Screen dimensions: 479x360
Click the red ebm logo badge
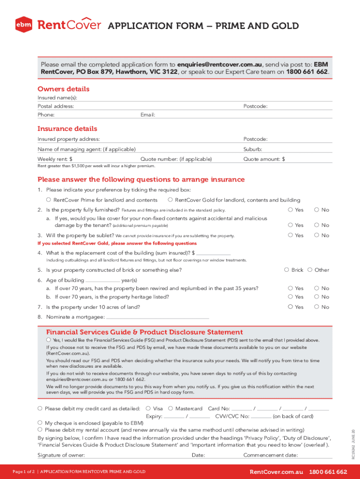[23, 25]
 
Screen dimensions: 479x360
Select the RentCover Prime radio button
[49, 200]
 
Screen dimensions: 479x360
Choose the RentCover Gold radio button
[170, 200]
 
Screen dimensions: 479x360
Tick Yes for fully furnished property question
[290, 210]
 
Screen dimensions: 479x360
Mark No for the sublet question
[317, 235]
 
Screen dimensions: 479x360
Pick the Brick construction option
[287, 270]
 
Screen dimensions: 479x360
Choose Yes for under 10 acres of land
[290, 307]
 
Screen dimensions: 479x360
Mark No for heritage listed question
[317, 297]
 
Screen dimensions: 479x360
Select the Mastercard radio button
[171, 408]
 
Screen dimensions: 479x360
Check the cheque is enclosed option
[40, 422]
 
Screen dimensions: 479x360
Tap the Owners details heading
[63, 89]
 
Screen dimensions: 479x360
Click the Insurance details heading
[67, 129]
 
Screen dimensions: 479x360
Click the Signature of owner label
[61, 455]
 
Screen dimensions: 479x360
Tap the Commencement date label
[270, 455]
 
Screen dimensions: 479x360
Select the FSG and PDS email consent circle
[49, 340]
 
